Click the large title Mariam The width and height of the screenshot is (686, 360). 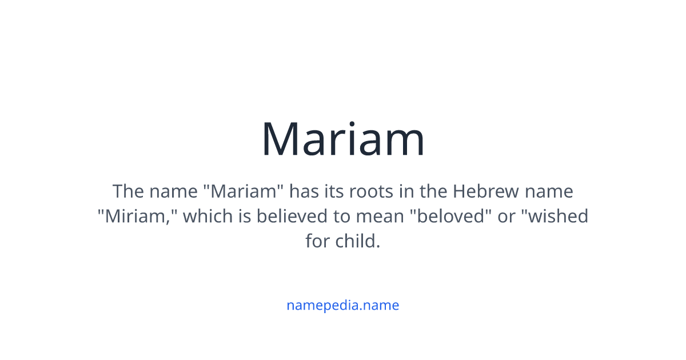pyautogui.click(x=343, y=139)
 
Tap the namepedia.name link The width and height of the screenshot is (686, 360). pyautogui.click(x=343, y=305)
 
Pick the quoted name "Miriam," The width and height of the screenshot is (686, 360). pyautogui.click(x=137, y=216)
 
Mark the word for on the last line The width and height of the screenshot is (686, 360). pyautogui.click(x=317, y=241)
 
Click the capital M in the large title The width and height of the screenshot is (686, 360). pyautogui.click(x=281, y=139)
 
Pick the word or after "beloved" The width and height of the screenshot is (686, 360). pyautogui.click(x=506, y=216)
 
